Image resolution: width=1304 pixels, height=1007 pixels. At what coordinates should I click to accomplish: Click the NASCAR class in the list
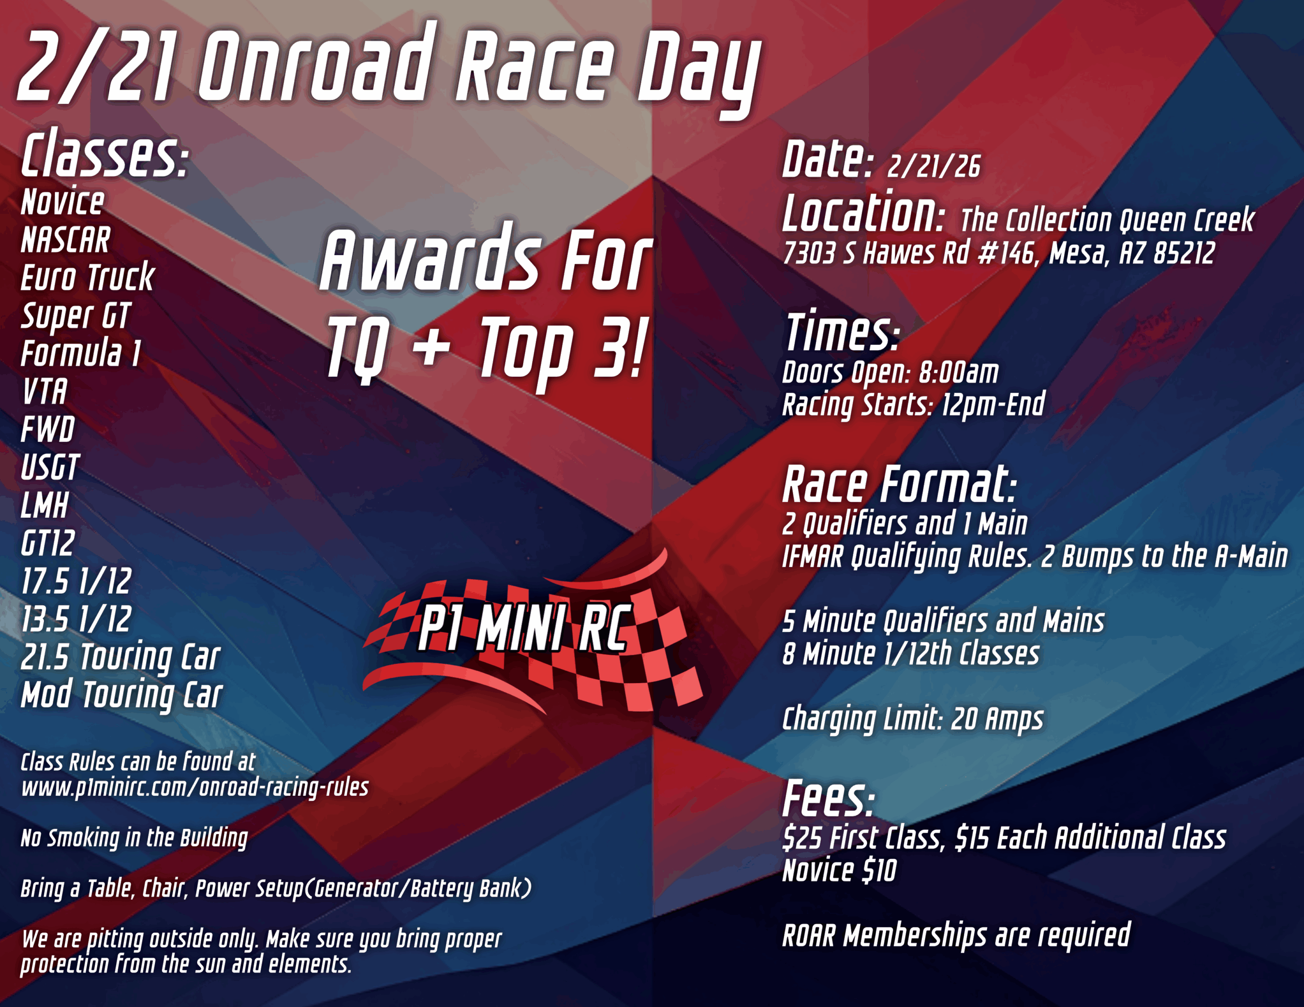coord(66,240)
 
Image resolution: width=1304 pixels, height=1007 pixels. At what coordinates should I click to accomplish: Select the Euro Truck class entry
coord(88,277)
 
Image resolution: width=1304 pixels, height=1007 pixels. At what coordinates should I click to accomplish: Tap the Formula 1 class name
coord(81,353)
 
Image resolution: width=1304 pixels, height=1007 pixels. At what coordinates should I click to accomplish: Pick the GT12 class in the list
coord(48,544)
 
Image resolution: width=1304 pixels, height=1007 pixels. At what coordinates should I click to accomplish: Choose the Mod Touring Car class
coord(122,695)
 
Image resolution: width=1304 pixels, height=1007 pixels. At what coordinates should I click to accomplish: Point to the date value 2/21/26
coord(933,166)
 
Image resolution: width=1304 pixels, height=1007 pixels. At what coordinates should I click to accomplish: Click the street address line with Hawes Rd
coord(998,253)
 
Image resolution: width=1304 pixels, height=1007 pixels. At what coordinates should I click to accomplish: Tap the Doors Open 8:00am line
coord(890,373)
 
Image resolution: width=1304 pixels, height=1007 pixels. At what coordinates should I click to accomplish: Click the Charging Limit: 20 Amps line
coord(913,719)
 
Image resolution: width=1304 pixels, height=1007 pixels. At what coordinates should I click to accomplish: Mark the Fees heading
coord(829,799)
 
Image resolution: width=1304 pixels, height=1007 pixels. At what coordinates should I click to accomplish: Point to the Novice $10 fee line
coord(839,870)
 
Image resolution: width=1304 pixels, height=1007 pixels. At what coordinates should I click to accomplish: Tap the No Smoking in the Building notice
coord(134,838)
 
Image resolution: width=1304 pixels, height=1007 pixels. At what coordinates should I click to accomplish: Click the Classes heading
coord(104,155)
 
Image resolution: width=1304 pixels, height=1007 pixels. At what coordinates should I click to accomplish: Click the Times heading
coord(843,332)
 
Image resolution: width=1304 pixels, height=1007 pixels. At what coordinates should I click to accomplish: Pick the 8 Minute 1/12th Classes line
coord(911,654)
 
